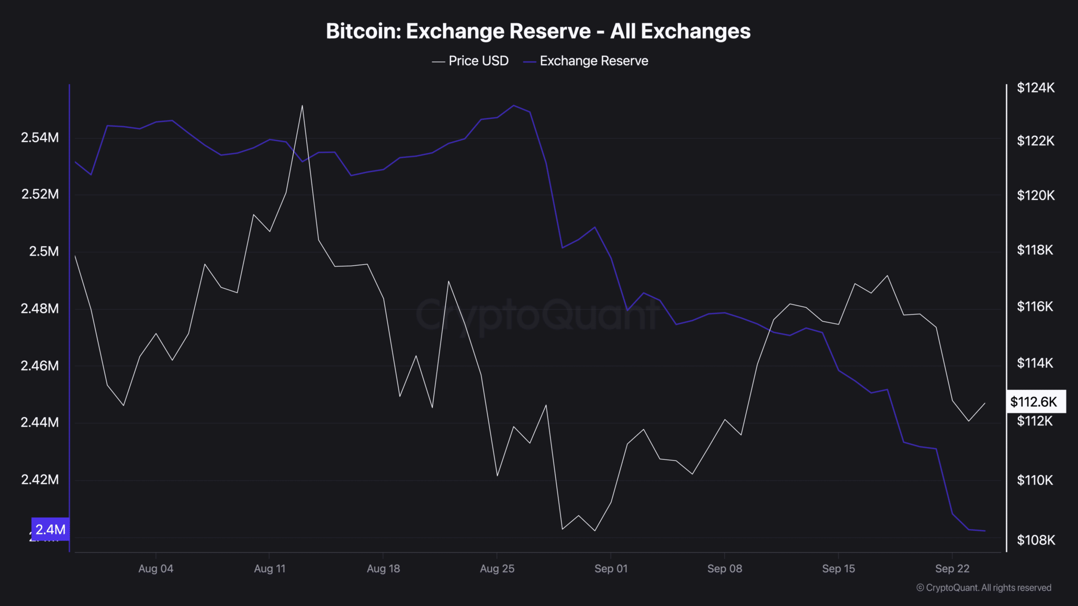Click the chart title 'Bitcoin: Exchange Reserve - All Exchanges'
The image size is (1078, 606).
538,31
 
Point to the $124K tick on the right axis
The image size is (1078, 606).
1035,88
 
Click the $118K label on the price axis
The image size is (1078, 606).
1035,250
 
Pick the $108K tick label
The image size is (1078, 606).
1035,540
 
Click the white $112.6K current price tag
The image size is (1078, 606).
1035,402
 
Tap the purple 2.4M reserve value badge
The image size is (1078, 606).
51,529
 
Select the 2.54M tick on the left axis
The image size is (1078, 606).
40,138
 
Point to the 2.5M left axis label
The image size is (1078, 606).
44,251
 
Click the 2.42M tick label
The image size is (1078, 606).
40,480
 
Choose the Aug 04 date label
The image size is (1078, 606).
156,569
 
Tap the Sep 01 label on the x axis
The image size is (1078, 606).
611,569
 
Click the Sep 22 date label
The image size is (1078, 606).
952,569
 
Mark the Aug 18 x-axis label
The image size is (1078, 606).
383,569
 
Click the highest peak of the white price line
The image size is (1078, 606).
302,106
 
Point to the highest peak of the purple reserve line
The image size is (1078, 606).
514,105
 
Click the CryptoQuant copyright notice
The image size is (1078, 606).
984,588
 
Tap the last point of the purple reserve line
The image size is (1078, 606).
985,531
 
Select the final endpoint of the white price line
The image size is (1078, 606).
985,403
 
